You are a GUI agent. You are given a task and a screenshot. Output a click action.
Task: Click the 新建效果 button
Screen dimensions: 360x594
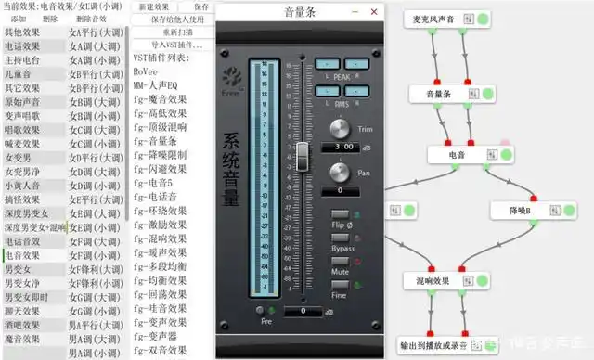coord(154,6)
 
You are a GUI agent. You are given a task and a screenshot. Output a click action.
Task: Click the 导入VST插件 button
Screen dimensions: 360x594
coord(171,45)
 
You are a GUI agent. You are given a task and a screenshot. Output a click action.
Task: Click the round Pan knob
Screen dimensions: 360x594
coord(341,172)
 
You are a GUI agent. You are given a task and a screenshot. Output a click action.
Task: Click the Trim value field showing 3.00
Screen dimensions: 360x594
coord(343,147)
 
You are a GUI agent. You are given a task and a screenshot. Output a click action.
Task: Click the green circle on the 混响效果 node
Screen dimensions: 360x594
coord(478,280)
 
